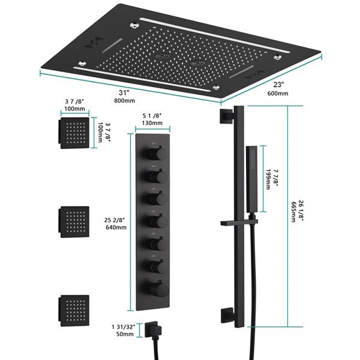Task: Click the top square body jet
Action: (x=73, y=131)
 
